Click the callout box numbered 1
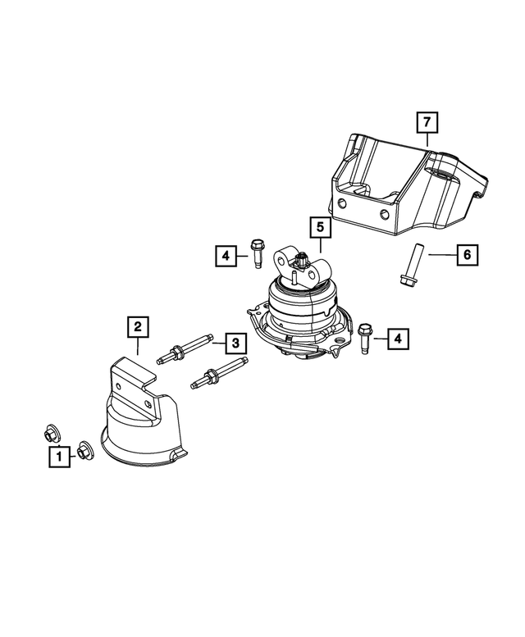pyautogui.click(x=58, y=457)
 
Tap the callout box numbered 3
pyautogui.click(x=234, y=342)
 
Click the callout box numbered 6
pyautogui.click(x=467, y=255)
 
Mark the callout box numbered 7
pyautogui.click(x=426, y=123)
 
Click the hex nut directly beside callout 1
pyautogui.click(x=85, y=449)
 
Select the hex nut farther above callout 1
pyautogui.click(x=51, y=431)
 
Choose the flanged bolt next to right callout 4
pyautogui.click(x=364, y=338)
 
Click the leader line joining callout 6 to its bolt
pyautogui.click(x=438, y=255)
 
